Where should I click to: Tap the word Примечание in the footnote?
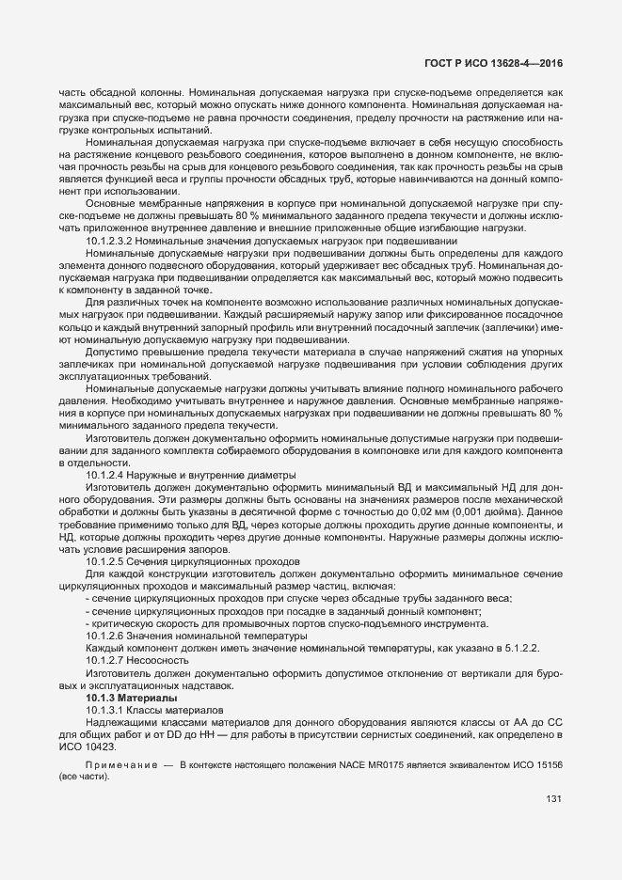(120, 768)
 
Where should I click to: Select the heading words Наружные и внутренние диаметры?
(200, 475)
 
